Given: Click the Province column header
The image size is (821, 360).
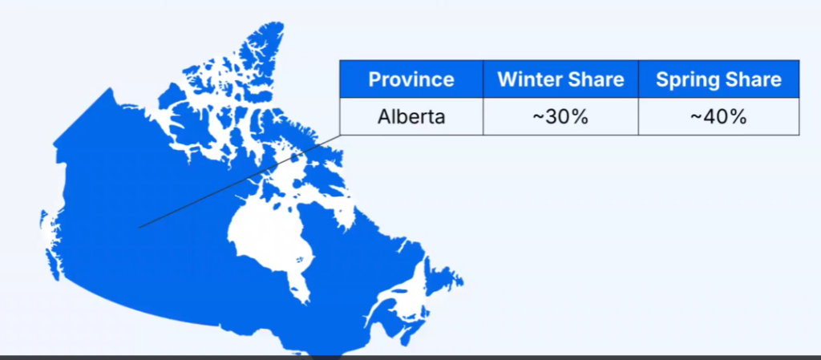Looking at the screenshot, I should pyautogui.click(x=410, y=79).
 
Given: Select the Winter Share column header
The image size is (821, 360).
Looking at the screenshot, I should pyautogui.click(x=560, y=79).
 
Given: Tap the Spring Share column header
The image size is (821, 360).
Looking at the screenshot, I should pyautogui.click(x=718, y=79).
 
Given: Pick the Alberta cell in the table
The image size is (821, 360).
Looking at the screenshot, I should pyautogui.click(x=411, y=116).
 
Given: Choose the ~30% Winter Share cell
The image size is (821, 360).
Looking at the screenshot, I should pyautogui.click(x=560, y=116).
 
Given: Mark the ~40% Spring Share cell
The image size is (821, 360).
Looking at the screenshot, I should pyautogui.click(x=718, y=116).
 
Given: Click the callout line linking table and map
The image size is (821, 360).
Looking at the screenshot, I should pyautogui.click(x=241, y=180).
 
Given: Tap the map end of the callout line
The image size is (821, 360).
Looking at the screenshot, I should pyautogui.click(x=140, y=227).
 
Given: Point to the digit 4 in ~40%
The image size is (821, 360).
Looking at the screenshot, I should pyautogui.click(x=707, y=116).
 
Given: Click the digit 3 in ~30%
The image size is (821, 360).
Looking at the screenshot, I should pyautogui.click(x=550, y=116).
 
